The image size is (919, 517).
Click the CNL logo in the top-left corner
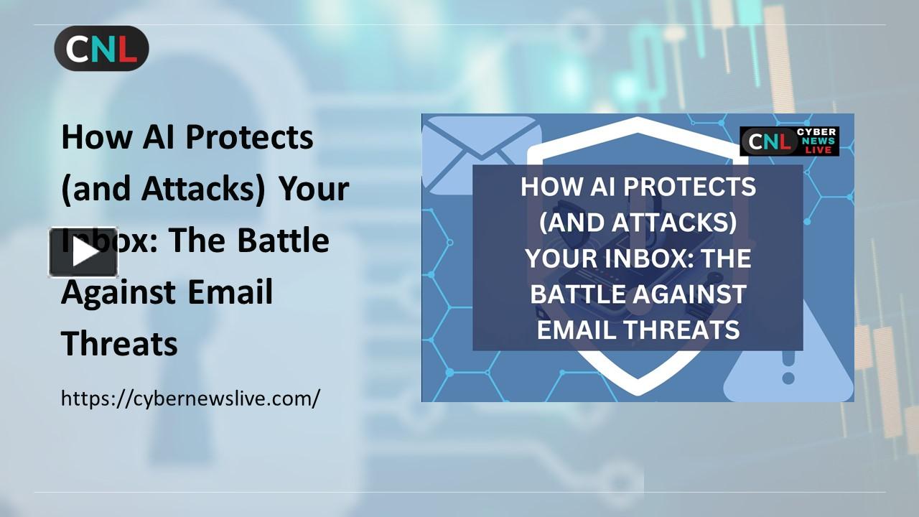[x=101, y=48]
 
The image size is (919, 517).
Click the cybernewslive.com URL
[x=190, y=398]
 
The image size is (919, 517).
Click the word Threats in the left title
[x=119, y=344]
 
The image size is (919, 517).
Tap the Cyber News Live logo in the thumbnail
[x=789, y=141]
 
